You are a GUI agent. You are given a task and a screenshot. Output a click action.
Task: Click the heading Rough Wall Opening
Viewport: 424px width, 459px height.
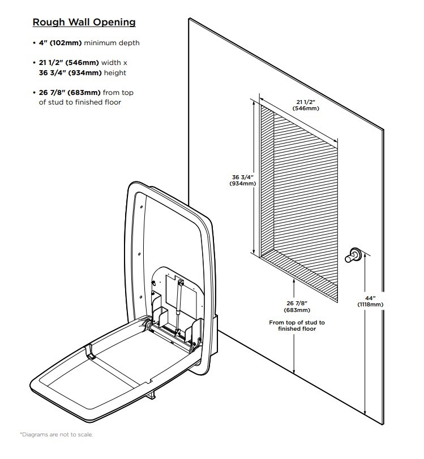click(84, 23)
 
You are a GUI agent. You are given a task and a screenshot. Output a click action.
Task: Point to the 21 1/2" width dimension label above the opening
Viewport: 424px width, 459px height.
click(304, 104)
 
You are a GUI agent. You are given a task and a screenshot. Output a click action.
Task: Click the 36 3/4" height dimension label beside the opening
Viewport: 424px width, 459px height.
click(241, 180)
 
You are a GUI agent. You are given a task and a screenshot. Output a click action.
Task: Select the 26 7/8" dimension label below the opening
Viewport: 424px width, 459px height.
click(297, 306)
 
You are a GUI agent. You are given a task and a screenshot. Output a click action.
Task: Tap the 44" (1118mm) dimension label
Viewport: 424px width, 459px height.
click(371, 301)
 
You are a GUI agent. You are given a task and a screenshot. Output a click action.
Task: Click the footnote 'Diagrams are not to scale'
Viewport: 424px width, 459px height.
click(57, 434)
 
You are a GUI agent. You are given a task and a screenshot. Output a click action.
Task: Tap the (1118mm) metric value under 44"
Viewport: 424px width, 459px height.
click(371, 305)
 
